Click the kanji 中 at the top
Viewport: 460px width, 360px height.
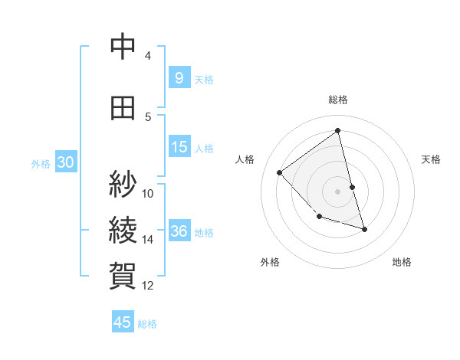click(123, 47)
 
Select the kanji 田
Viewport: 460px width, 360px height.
click(123, 108)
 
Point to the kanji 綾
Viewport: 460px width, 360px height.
click(123, 229)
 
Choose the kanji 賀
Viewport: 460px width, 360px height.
click(123, 274)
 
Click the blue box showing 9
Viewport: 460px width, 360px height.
click(179, 78)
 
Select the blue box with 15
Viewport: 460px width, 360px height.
click(179, 147)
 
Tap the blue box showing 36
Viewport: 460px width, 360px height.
click(179, 231)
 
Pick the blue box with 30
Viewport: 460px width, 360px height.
click(65, 162)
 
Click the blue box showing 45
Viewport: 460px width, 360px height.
click(123, 322)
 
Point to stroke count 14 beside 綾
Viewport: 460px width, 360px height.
click(148, 240)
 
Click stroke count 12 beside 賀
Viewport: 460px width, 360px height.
click(148, 286)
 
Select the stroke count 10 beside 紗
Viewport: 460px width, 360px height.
click(148, 193)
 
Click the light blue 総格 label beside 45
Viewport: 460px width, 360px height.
click(147, 323)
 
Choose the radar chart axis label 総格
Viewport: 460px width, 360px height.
click(337, 100)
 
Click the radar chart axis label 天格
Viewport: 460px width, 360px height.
click(431, 159)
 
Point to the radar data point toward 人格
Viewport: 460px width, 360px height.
click(280, 172)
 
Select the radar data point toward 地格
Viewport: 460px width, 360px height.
click(364, 229)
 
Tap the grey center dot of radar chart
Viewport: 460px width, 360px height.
click(337, 191)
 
